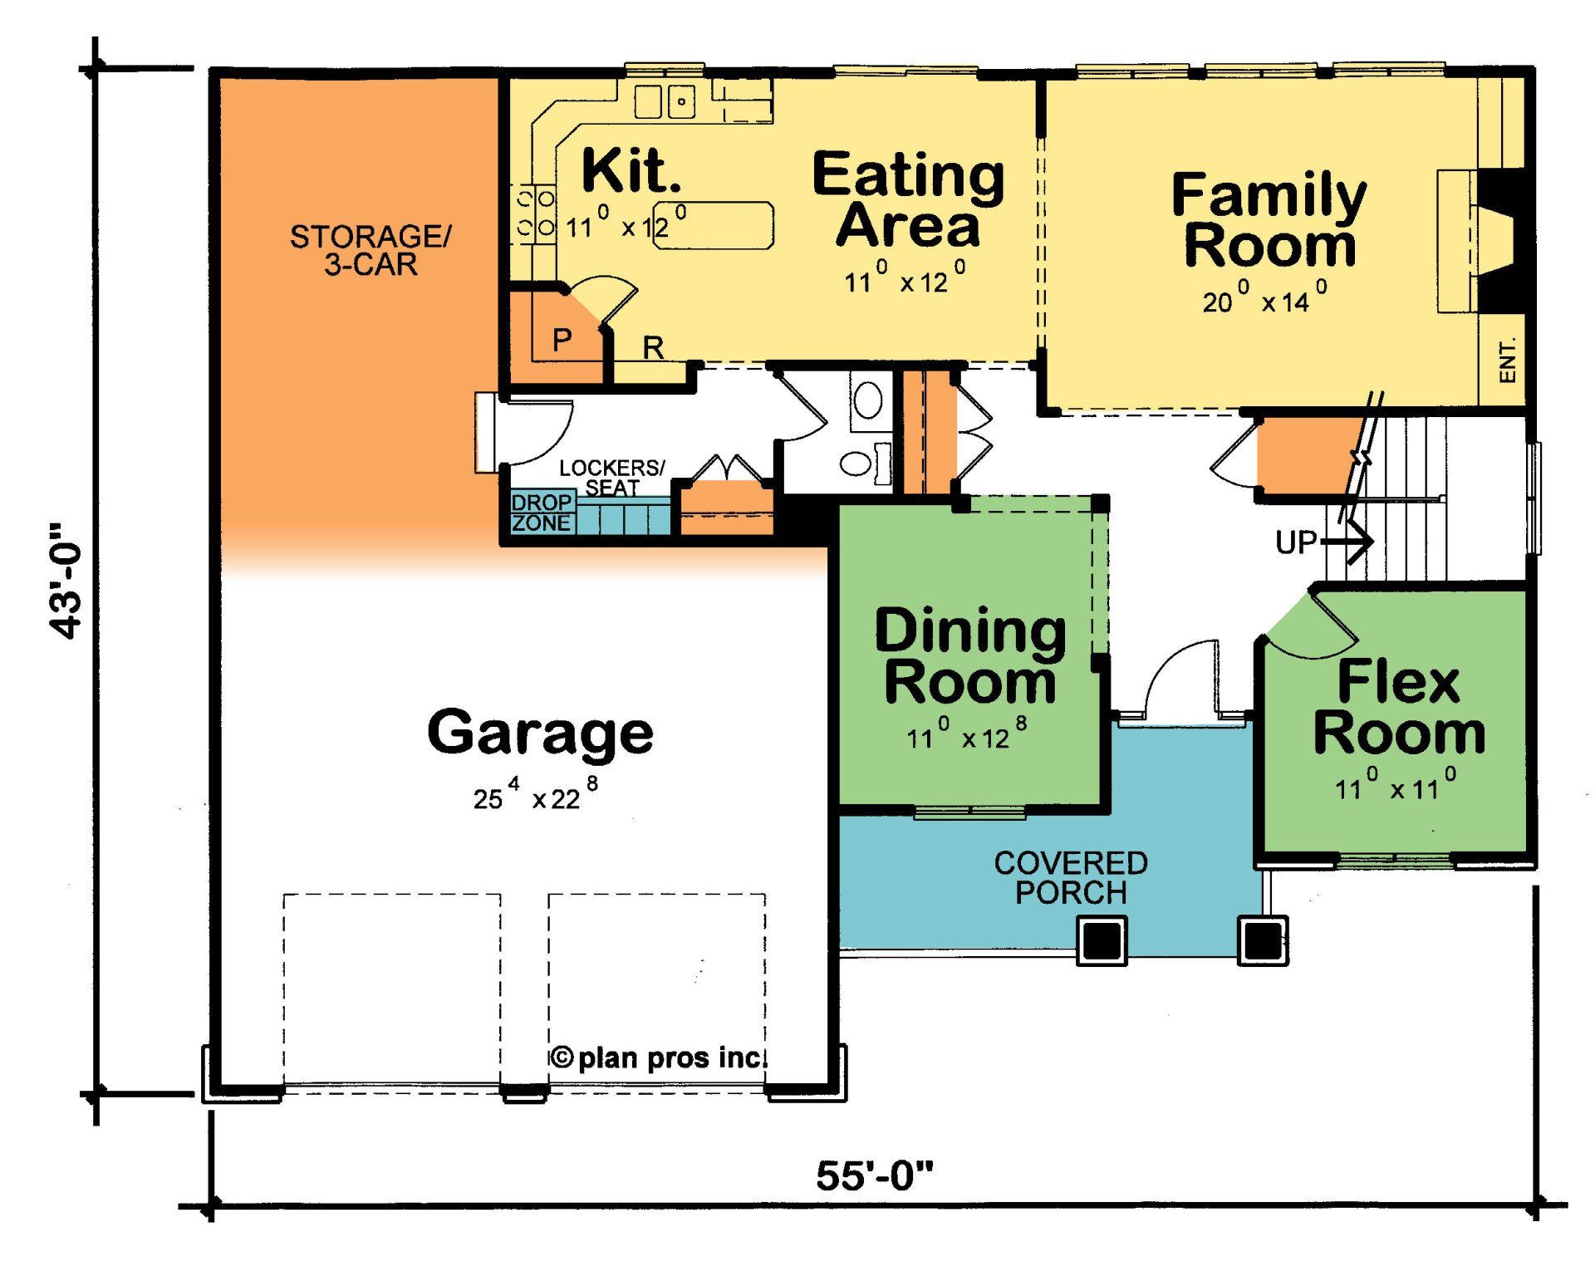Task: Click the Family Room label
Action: (1269, 219)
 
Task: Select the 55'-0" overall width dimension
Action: (874, 1176)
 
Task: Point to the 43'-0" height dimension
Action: (66, 581)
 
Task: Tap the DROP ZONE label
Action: (542, 513)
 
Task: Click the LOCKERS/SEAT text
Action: (611, 478)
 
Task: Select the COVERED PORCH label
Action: (1071, 877)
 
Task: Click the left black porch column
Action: (1102, 940)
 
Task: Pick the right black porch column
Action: (1263, 940)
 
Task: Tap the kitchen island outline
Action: (714, 225)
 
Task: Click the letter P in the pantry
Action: (562, 339)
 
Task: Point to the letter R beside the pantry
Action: (653, 348)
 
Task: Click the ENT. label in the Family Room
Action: (1507, 360)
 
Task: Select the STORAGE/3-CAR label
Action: (370, 250)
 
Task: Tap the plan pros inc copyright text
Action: (658, 1058)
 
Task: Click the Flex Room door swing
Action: (1313, 631)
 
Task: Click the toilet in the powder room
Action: (861, 463)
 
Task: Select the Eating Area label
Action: (908, 199)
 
